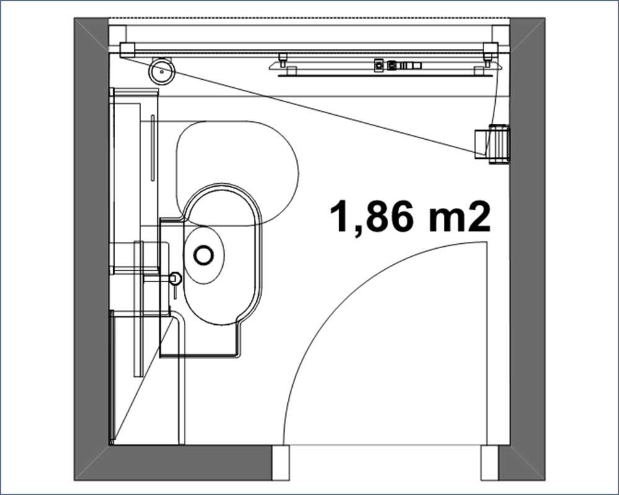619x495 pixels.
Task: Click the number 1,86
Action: pos(371,217)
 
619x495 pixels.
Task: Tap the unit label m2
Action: pos(459,217)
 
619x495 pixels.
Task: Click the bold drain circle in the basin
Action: pos(204,255)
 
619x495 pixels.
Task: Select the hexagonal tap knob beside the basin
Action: pos(175,278)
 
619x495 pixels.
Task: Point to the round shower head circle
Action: pos(162,71)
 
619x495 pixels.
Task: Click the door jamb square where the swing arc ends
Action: pos(280,463)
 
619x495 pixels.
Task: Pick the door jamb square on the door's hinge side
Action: pos(490,463)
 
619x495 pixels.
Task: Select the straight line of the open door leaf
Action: pos(487,343)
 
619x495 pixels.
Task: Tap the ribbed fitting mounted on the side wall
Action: pos(500,144)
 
